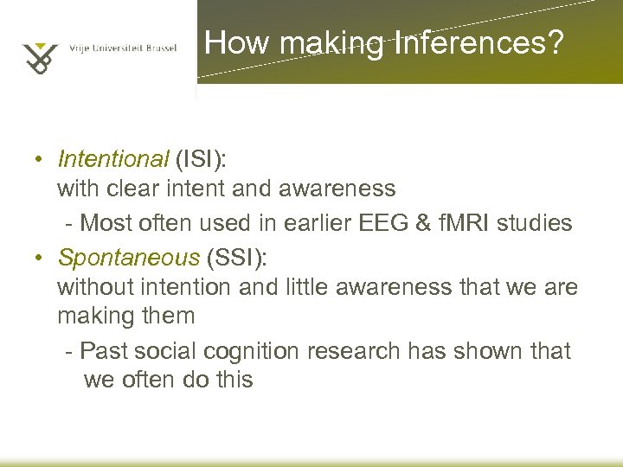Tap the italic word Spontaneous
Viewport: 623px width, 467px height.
click(x=128, y=258)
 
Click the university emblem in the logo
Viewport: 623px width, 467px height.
click(x=41, y=54)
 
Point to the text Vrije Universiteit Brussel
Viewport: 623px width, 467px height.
click(x=123, y=49)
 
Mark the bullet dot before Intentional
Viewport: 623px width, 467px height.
click(x=40, y=161)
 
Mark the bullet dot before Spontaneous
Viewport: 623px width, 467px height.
click(x=40, y=259)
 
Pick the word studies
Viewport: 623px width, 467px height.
click(x=541, y=223)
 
